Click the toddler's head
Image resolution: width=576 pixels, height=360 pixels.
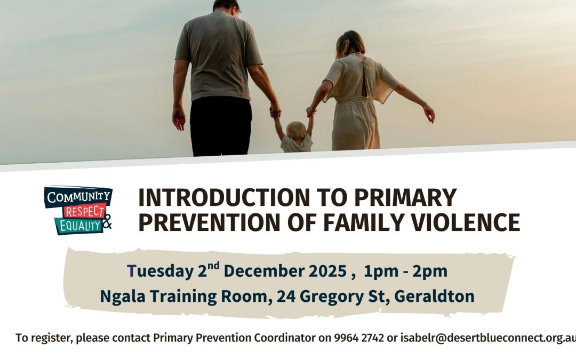[x=296, y=131]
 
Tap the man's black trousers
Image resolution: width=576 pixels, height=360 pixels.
[x=221, y=126]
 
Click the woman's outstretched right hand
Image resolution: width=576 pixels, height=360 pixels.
[x=429, y=114]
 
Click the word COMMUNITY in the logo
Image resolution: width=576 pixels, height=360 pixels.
[x=78, y=196]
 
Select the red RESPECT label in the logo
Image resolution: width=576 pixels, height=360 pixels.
[x=84, y=212]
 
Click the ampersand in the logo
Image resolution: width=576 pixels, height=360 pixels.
[x=107, y=221]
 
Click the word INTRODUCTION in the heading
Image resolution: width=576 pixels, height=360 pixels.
[x=224, y=197]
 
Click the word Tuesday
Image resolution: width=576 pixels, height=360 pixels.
[x=160, y=271]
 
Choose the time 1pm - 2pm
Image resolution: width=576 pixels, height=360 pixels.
[x=405, y=271]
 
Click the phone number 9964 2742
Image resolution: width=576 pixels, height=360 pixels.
[x=359, y=338]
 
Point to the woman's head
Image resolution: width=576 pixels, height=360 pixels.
[x=350, y=43]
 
